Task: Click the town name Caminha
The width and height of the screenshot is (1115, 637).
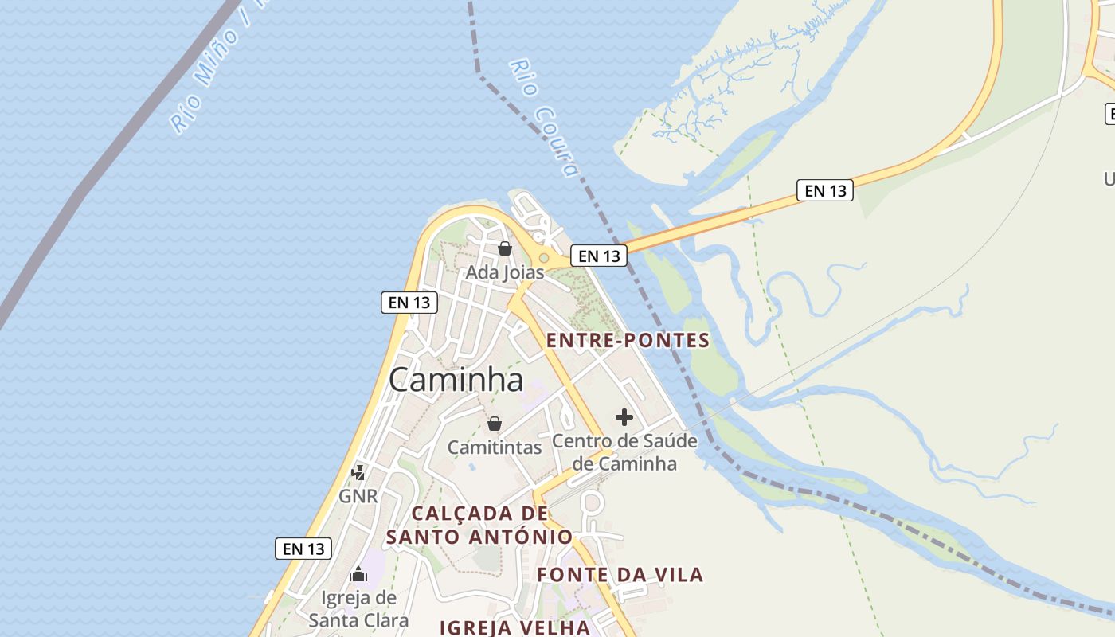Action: [x=456, y=380]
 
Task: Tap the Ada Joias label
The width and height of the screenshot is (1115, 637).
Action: [x=504, y=272]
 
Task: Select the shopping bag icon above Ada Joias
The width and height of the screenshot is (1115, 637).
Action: [x=504, y=248]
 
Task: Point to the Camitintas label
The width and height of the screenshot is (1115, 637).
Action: [x=495, y=447]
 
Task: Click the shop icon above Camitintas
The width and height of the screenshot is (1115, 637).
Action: [x=495, y=424]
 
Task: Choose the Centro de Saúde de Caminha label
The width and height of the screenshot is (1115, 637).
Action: [x=624, y=451]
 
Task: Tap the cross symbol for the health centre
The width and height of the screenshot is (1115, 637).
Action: [x=624, y=416]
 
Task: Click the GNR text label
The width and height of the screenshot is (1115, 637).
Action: [x=358, y=496]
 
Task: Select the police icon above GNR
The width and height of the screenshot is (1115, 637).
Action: [x=358, y=472]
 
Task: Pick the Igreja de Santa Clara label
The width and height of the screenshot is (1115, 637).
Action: [x=358, y=608]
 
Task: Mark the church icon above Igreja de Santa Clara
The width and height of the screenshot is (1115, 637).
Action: [x=358, y=574]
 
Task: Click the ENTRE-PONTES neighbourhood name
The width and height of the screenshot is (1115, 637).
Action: [x=628, y=341]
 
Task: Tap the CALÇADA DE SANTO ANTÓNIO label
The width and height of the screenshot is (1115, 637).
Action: [x=479, y=525]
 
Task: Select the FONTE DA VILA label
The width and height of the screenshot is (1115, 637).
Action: [x=620, y=574]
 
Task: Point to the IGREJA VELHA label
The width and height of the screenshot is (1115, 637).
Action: [x=515, y=627]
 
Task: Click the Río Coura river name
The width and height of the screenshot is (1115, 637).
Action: [x=543, y=118]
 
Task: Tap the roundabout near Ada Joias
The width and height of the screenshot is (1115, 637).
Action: [x=544, y=257]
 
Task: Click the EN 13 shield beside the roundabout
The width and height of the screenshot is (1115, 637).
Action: [x=599, y=256]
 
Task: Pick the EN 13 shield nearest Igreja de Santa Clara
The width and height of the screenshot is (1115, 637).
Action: [x=303, y=549]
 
